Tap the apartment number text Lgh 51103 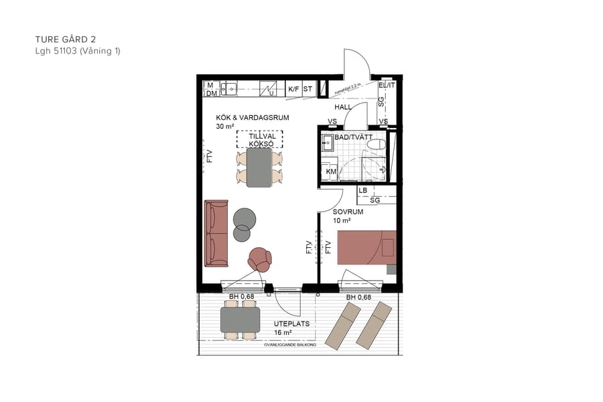pos(56,51)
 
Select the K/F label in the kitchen pos(293,88)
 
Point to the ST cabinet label pos(308,88)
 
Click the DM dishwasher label pos(211,94)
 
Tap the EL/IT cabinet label pos(387,86)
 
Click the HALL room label pos(343,107)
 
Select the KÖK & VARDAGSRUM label pos(253,117)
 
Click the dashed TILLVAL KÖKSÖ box pos(260,139)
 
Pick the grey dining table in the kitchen pos(259,167)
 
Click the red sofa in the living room pos(216,232)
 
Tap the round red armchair pos(259,258)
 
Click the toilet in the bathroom pos(377,143)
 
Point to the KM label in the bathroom pos(330,172)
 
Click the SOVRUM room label pos(348,212)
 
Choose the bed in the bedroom pos(366,247)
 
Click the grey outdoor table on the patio pos(241,320)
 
